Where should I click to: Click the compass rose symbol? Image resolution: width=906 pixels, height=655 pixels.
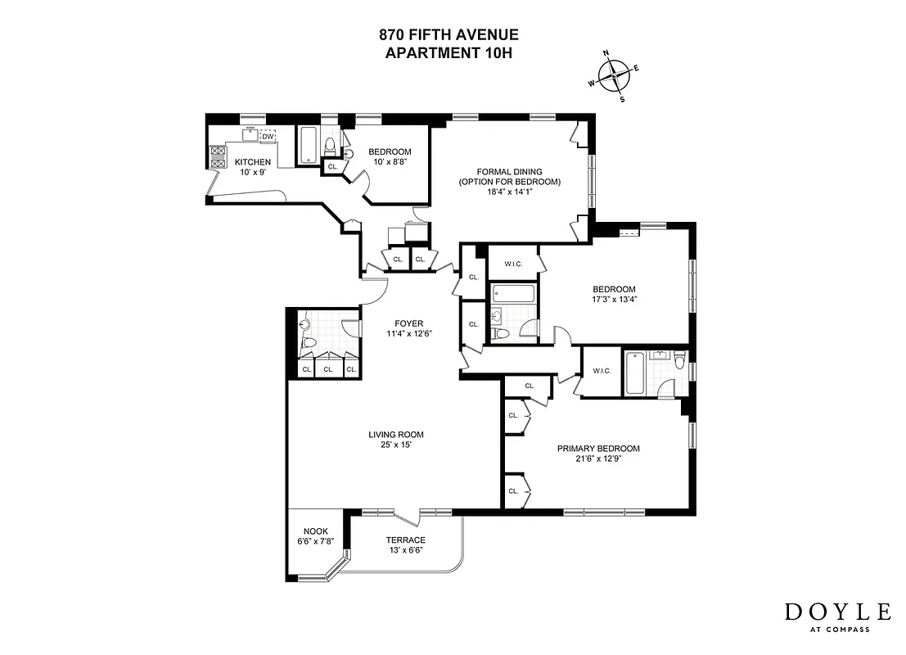(614, 76)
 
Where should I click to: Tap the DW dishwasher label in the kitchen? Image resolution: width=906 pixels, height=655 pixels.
(268, 137)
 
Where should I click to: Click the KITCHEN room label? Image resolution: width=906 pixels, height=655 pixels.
(253, 162)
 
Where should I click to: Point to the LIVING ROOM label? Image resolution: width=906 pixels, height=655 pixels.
(396, 435)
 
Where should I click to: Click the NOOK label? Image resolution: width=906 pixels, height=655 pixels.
(315, 531)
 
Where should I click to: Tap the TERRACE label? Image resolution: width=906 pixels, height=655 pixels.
(406, 540)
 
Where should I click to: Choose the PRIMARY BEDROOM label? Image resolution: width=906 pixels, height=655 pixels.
(598, 449)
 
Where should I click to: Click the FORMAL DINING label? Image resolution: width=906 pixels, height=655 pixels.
(509, 171)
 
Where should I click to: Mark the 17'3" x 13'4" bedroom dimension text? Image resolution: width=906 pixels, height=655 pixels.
(615, 299)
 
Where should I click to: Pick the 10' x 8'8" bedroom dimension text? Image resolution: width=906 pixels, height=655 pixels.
(390, 162)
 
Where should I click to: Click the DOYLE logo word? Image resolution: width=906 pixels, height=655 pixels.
(838, 612)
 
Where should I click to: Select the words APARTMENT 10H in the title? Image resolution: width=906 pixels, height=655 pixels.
(448, 52)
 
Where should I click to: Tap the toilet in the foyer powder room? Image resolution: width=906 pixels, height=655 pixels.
(309, 342)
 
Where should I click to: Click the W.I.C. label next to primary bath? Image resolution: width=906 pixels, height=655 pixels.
(602, 372)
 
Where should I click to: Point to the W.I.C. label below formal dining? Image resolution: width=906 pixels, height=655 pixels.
(513, 264)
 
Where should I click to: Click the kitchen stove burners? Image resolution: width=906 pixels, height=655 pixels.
(219, 156)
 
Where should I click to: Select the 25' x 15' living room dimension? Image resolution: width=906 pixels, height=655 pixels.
(396, 445)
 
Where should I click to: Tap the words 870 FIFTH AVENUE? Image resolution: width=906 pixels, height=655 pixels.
(448, 35)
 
